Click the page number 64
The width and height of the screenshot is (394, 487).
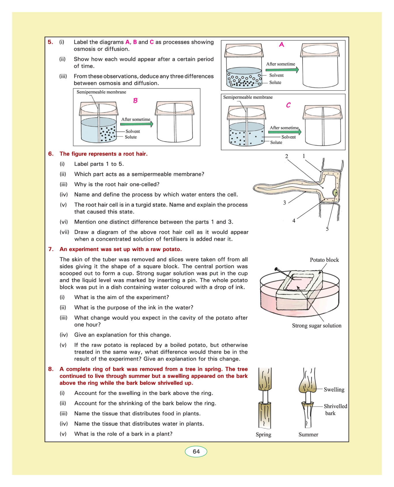click(196, 451)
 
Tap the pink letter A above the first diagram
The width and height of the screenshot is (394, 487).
click(282, 44)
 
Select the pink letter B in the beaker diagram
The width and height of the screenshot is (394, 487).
click(135, 101)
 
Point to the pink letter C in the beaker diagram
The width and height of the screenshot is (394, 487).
click(288, 105)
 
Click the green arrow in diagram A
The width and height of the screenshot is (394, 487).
click(282, 70)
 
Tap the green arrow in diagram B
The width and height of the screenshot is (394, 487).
click(137, 124)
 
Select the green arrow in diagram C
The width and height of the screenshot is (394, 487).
click(285, 132)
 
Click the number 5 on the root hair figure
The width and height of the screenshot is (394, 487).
click(327, 229)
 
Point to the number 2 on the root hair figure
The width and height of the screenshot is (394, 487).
click(286, 156)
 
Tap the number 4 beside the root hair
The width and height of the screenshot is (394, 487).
click(294, 221)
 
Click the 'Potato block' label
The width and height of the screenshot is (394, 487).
click(324, 260)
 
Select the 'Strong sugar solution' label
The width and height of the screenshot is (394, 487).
click(316, 326)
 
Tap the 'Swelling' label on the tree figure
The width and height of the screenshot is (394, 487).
click(334, 390)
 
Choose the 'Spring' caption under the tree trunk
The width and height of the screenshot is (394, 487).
click(263, 435)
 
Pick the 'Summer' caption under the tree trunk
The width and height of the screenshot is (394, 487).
click(308, 435)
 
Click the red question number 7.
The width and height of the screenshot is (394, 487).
click(51, 249)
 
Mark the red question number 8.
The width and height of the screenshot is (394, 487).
click(51, 369)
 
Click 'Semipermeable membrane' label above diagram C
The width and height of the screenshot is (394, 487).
click(248, 97)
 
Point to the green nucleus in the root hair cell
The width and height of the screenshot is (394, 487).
click(335, 193)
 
